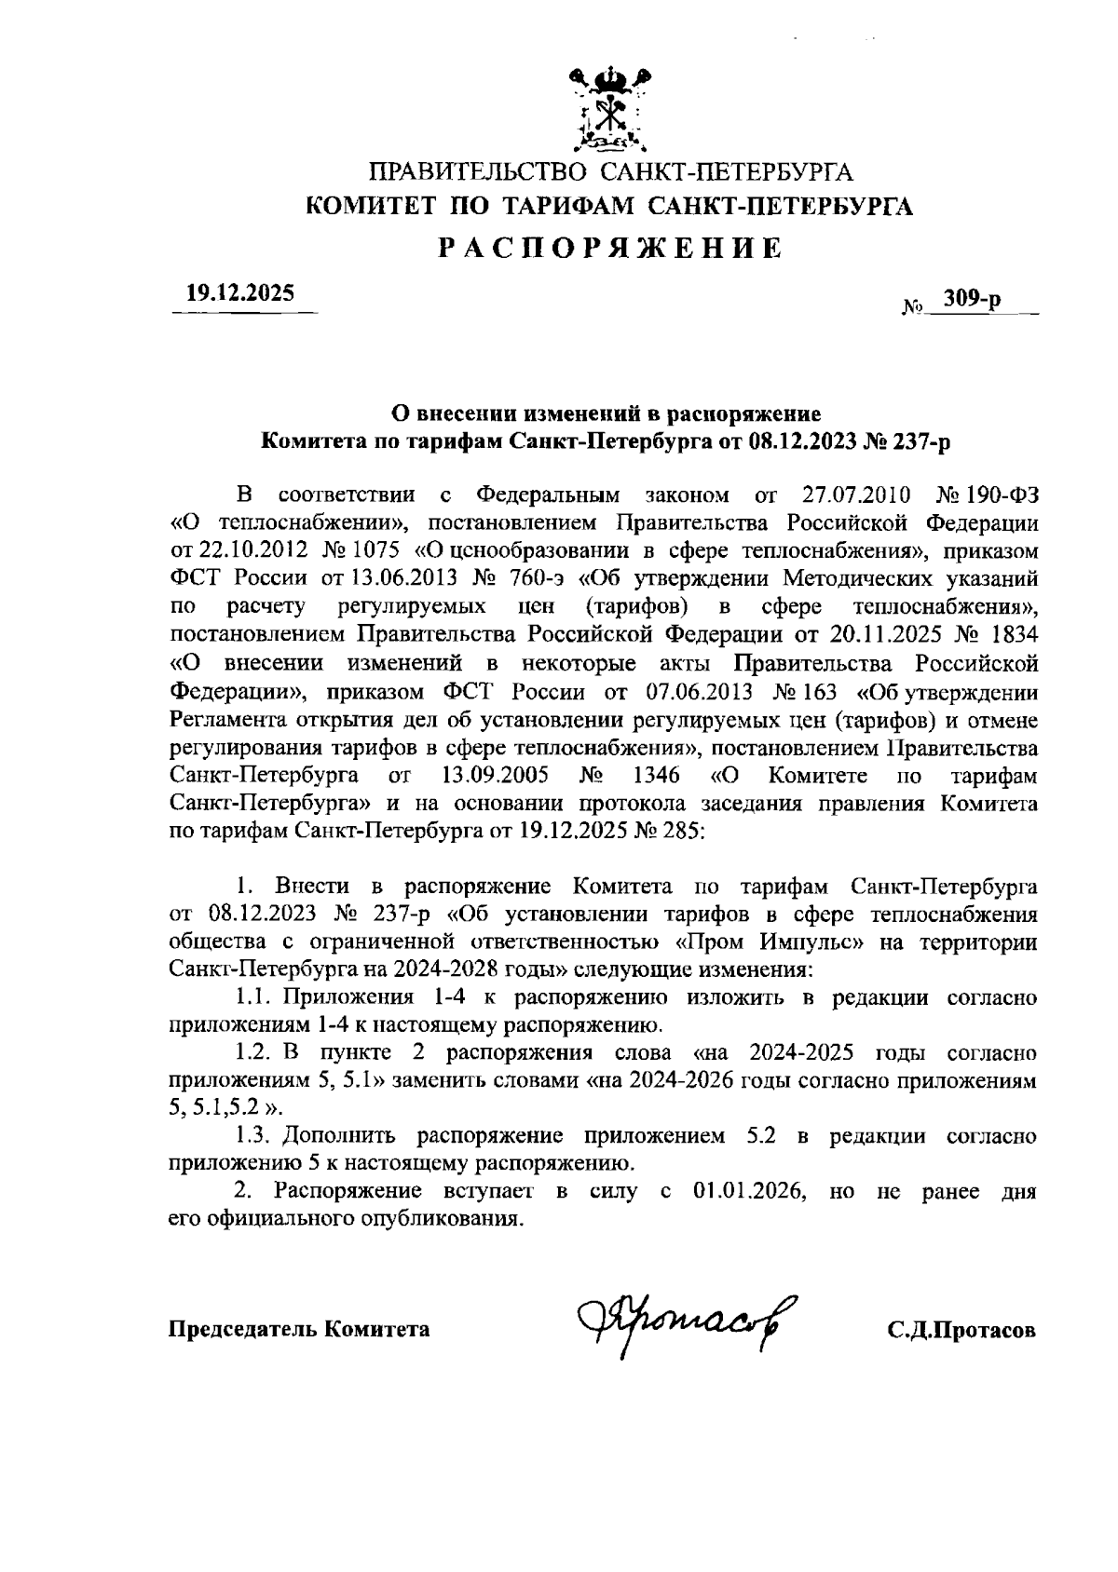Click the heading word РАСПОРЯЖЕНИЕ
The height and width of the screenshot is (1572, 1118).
tap(610, 249)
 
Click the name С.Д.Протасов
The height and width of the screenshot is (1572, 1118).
tap(961, 1330)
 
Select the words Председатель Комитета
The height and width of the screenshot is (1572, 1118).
tap(299, 1329)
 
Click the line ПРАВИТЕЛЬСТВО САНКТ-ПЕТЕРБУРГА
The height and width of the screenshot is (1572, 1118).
tap(610, 173)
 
